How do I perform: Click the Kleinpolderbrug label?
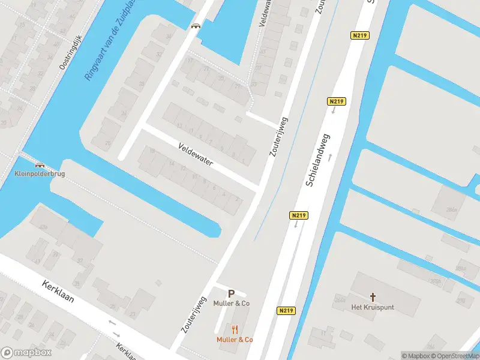click(x=40, y=174)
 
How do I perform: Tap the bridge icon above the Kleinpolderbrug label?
click(x=40, y=165)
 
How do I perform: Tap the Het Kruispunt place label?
click(x=373, y=307)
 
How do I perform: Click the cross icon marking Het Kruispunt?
click(x=373, y=297)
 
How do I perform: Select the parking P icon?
click(x=231, y=294)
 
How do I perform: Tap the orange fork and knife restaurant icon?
click(x=235, y=329)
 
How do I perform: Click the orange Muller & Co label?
click(x=235, y=340)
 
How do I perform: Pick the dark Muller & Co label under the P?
click(x=231, y=304)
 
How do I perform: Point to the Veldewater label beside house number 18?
click(x=195, y=154)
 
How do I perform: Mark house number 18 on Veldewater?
click(x=152, y=151)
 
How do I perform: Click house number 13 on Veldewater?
click(x=179, y=126)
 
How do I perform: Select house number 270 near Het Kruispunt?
click(x=461, y=300)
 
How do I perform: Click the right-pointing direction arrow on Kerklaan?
click(x=117, y=333)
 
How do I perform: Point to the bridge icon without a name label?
click(x=196, y=25)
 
